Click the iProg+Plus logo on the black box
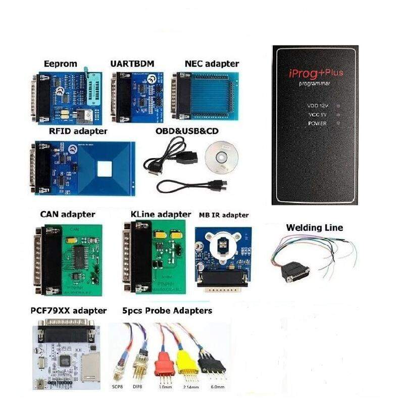coord(315,73)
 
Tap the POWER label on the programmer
coord(317,123)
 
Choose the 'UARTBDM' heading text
coord(132,64)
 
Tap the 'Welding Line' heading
coord(314,228)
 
